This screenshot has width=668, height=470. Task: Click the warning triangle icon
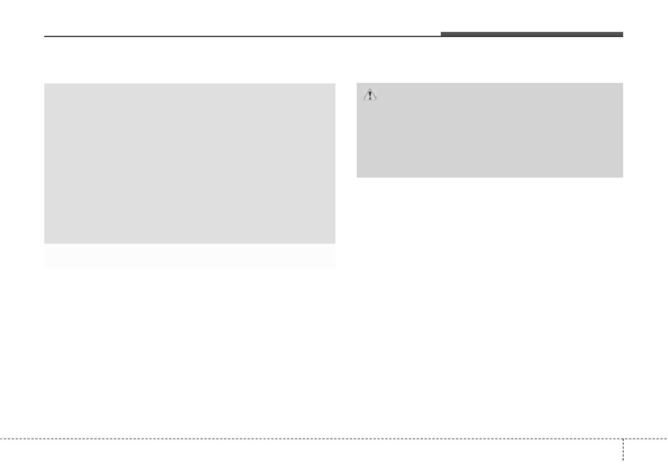370,95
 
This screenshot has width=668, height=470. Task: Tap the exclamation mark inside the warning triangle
370,96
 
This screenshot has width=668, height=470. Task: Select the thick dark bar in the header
531,34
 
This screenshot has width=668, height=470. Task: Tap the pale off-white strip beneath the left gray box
190,256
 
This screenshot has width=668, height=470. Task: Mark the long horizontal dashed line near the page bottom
308,439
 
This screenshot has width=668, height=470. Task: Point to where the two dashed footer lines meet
623,439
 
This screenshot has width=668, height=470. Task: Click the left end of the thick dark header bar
441,34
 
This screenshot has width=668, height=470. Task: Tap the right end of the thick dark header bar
623,34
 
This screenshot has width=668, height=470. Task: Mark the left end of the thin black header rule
45,37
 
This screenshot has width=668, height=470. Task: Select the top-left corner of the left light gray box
44,84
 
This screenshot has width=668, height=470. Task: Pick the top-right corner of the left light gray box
335,84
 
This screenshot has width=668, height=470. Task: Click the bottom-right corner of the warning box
623,177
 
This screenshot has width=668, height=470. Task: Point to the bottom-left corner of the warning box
357,177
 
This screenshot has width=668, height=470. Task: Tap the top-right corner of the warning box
623,83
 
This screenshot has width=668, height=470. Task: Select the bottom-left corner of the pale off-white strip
44,268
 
